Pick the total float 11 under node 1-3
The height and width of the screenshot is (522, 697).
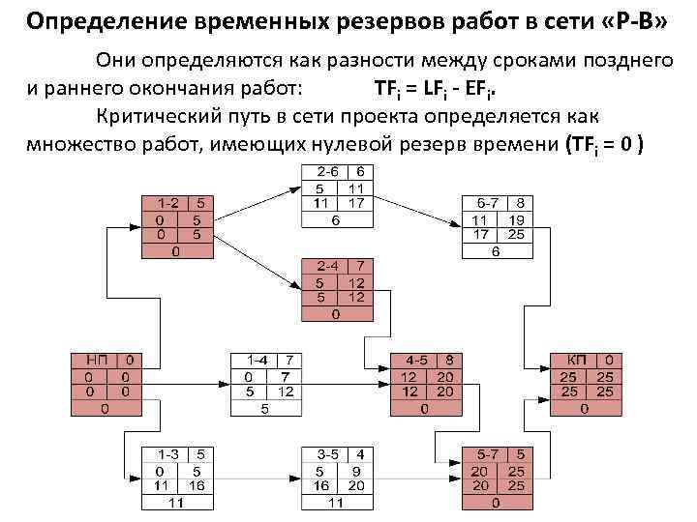coord(176,502)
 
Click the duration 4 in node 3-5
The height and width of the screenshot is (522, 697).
coord(360,454)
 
